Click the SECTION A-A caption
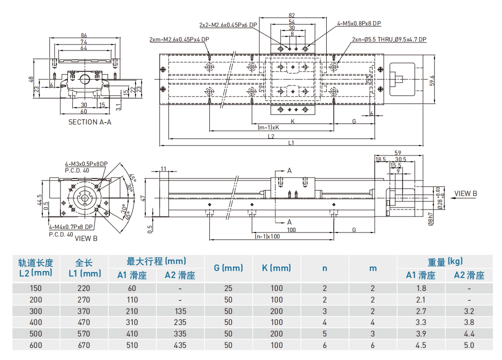click(x=90, y=122)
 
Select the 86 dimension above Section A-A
click(x=84, y=35)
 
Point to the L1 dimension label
click(x=291, y=143)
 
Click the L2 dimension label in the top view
click(x=271, y=135)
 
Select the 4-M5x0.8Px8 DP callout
click(x=359, y=23)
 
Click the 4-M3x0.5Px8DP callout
click(x=86, y=164)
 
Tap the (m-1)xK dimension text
click(x=268, y=127)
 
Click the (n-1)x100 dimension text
click(x=267, y=236)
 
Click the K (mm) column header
click(x=276, y=268)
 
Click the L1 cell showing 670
click(x=84, y=345)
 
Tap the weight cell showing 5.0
click(x=469, y=345)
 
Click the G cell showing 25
click(x=228, y=288)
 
